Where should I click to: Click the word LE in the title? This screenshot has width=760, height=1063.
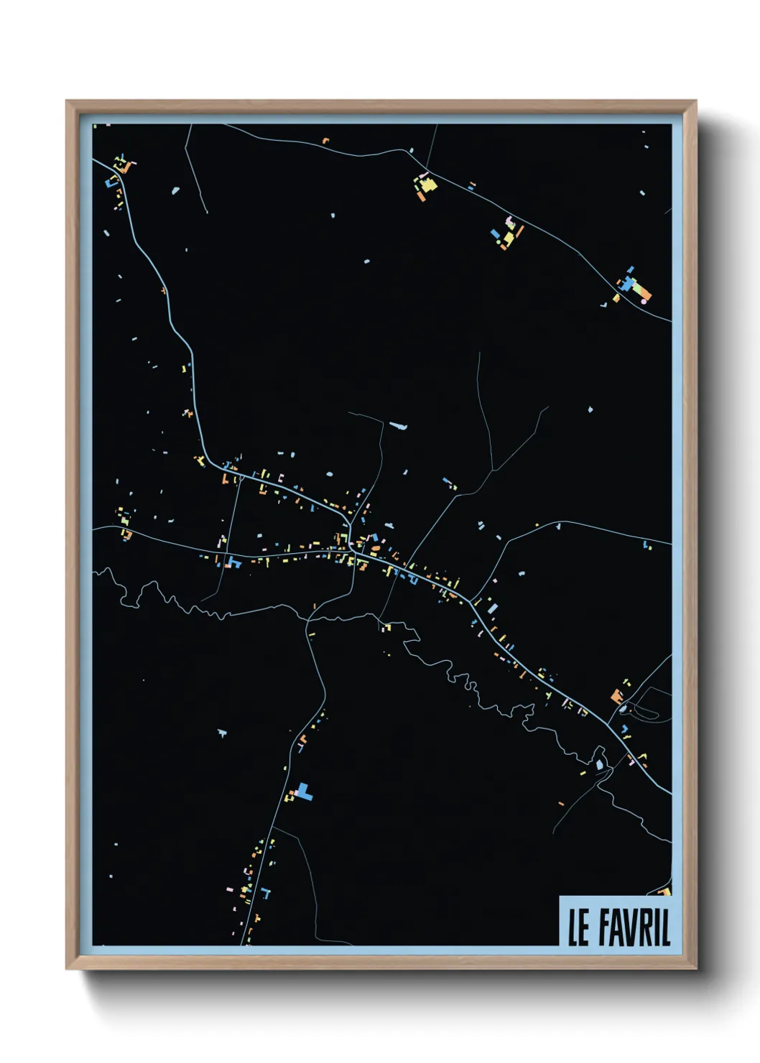tap(578, 927)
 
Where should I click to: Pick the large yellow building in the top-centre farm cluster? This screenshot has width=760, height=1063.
tap(428, 185)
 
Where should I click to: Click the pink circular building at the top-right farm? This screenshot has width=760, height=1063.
tap(644, 302)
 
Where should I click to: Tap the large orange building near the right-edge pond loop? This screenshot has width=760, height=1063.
tap(616, 695)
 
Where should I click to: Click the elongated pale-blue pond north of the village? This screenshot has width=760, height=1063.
tap(399, 426)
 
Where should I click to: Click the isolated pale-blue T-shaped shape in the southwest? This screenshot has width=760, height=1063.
tap(221, 733)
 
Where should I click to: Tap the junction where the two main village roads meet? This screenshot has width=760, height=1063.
tap(351, 549)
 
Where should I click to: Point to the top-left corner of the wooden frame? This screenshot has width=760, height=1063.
tap(67, 101)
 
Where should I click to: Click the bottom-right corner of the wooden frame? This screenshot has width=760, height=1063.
tap(695, 968)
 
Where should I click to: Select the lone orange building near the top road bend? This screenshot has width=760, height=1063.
tap(325, 141)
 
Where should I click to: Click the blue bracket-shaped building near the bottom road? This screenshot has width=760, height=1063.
tap(267, 893)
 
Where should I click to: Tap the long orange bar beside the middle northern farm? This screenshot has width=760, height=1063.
tap(519, 231)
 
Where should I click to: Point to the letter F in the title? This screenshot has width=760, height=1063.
tap(606, 927)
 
